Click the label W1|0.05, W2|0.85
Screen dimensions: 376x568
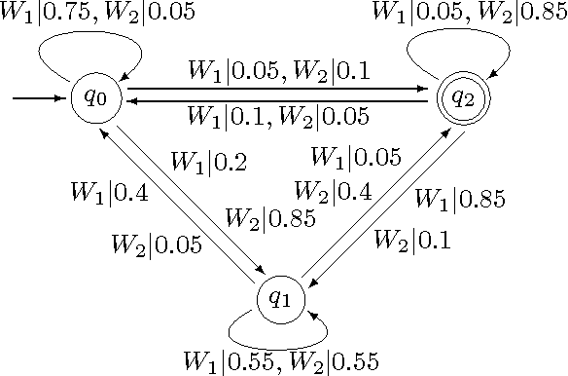[471, 14]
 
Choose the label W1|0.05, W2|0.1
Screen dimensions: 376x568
[278, 71]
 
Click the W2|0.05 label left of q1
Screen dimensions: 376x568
[157, 244]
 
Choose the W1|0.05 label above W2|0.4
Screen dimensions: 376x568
[355, 156]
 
